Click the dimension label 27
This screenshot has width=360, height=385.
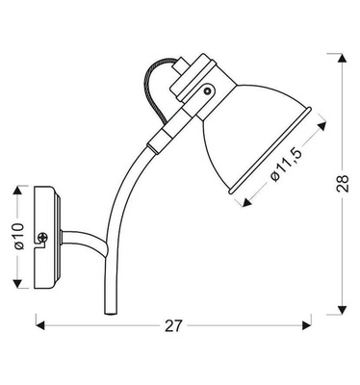click(x=173, y=325)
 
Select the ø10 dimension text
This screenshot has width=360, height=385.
click(x=17, y=236)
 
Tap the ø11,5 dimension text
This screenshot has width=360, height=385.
click(x=281, y=163)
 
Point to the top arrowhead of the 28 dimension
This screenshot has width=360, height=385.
click(x=344, y=54)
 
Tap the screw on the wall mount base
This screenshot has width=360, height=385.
click(x=43, y=237)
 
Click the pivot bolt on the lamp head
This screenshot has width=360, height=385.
click(x=207, y=90)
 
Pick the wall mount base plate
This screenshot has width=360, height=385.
click(x=46, y=236)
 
